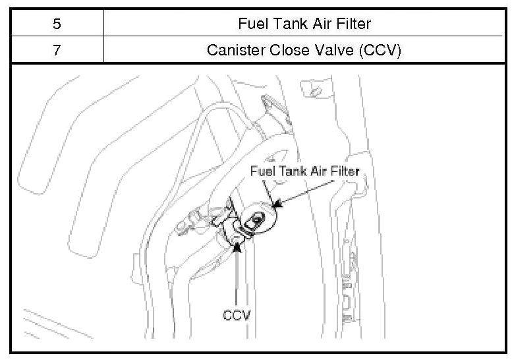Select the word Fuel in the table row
(x=251, y=24)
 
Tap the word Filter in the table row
(x=352, y=24)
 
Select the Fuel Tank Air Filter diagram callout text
(x=304, y=170)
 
